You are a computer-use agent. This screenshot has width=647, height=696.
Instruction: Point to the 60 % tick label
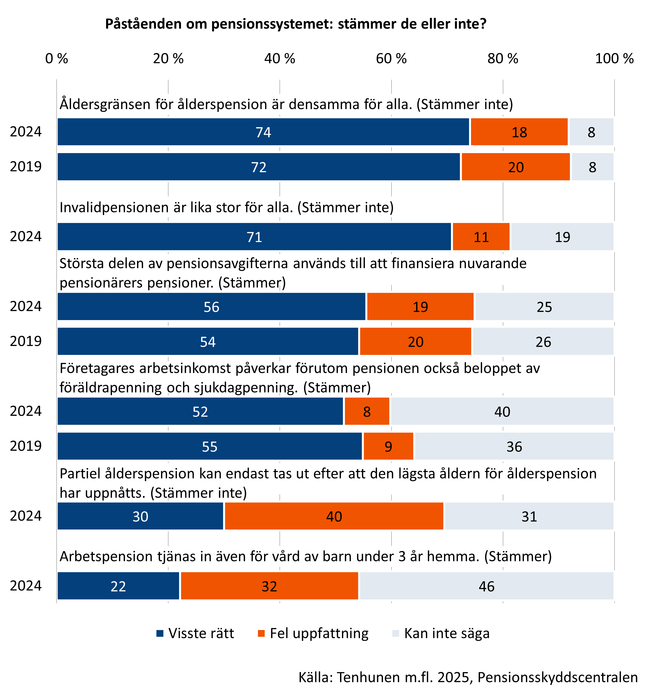tap(391, 59)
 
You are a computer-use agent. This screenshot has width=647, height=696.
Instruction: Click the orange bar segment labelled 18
tap(519, 132)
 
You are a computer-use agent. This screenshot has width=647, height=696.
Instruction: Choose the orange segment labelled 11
tap(481, 237)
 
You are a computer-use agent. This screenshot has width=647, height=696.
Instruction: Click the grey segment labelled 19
tap(562, 237)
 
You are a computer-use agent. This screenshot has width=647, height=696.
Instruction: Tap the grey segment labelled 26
tap(543, 342)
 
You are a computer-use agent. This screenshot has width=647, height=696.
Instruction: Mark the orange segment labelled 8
tap(367, 411)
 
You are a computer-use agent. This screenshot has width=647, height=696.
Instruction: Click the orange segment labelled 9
tap(388, 446)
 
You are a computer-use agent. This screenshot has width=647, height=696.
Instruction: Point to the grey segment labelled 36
tap(514, 446)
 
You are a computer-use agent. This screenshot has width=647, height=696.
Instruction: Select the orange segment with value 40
tap(334, 516)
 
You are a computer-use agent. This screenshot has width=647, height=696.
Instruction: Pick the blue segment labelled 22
tap(118, 586)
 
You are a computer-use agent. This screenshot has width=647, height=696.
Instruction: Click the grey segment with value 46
tap(486, 586)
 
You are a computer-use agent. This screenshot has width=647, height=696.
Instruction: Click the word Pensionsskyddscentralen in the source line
tap(557, 677)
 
